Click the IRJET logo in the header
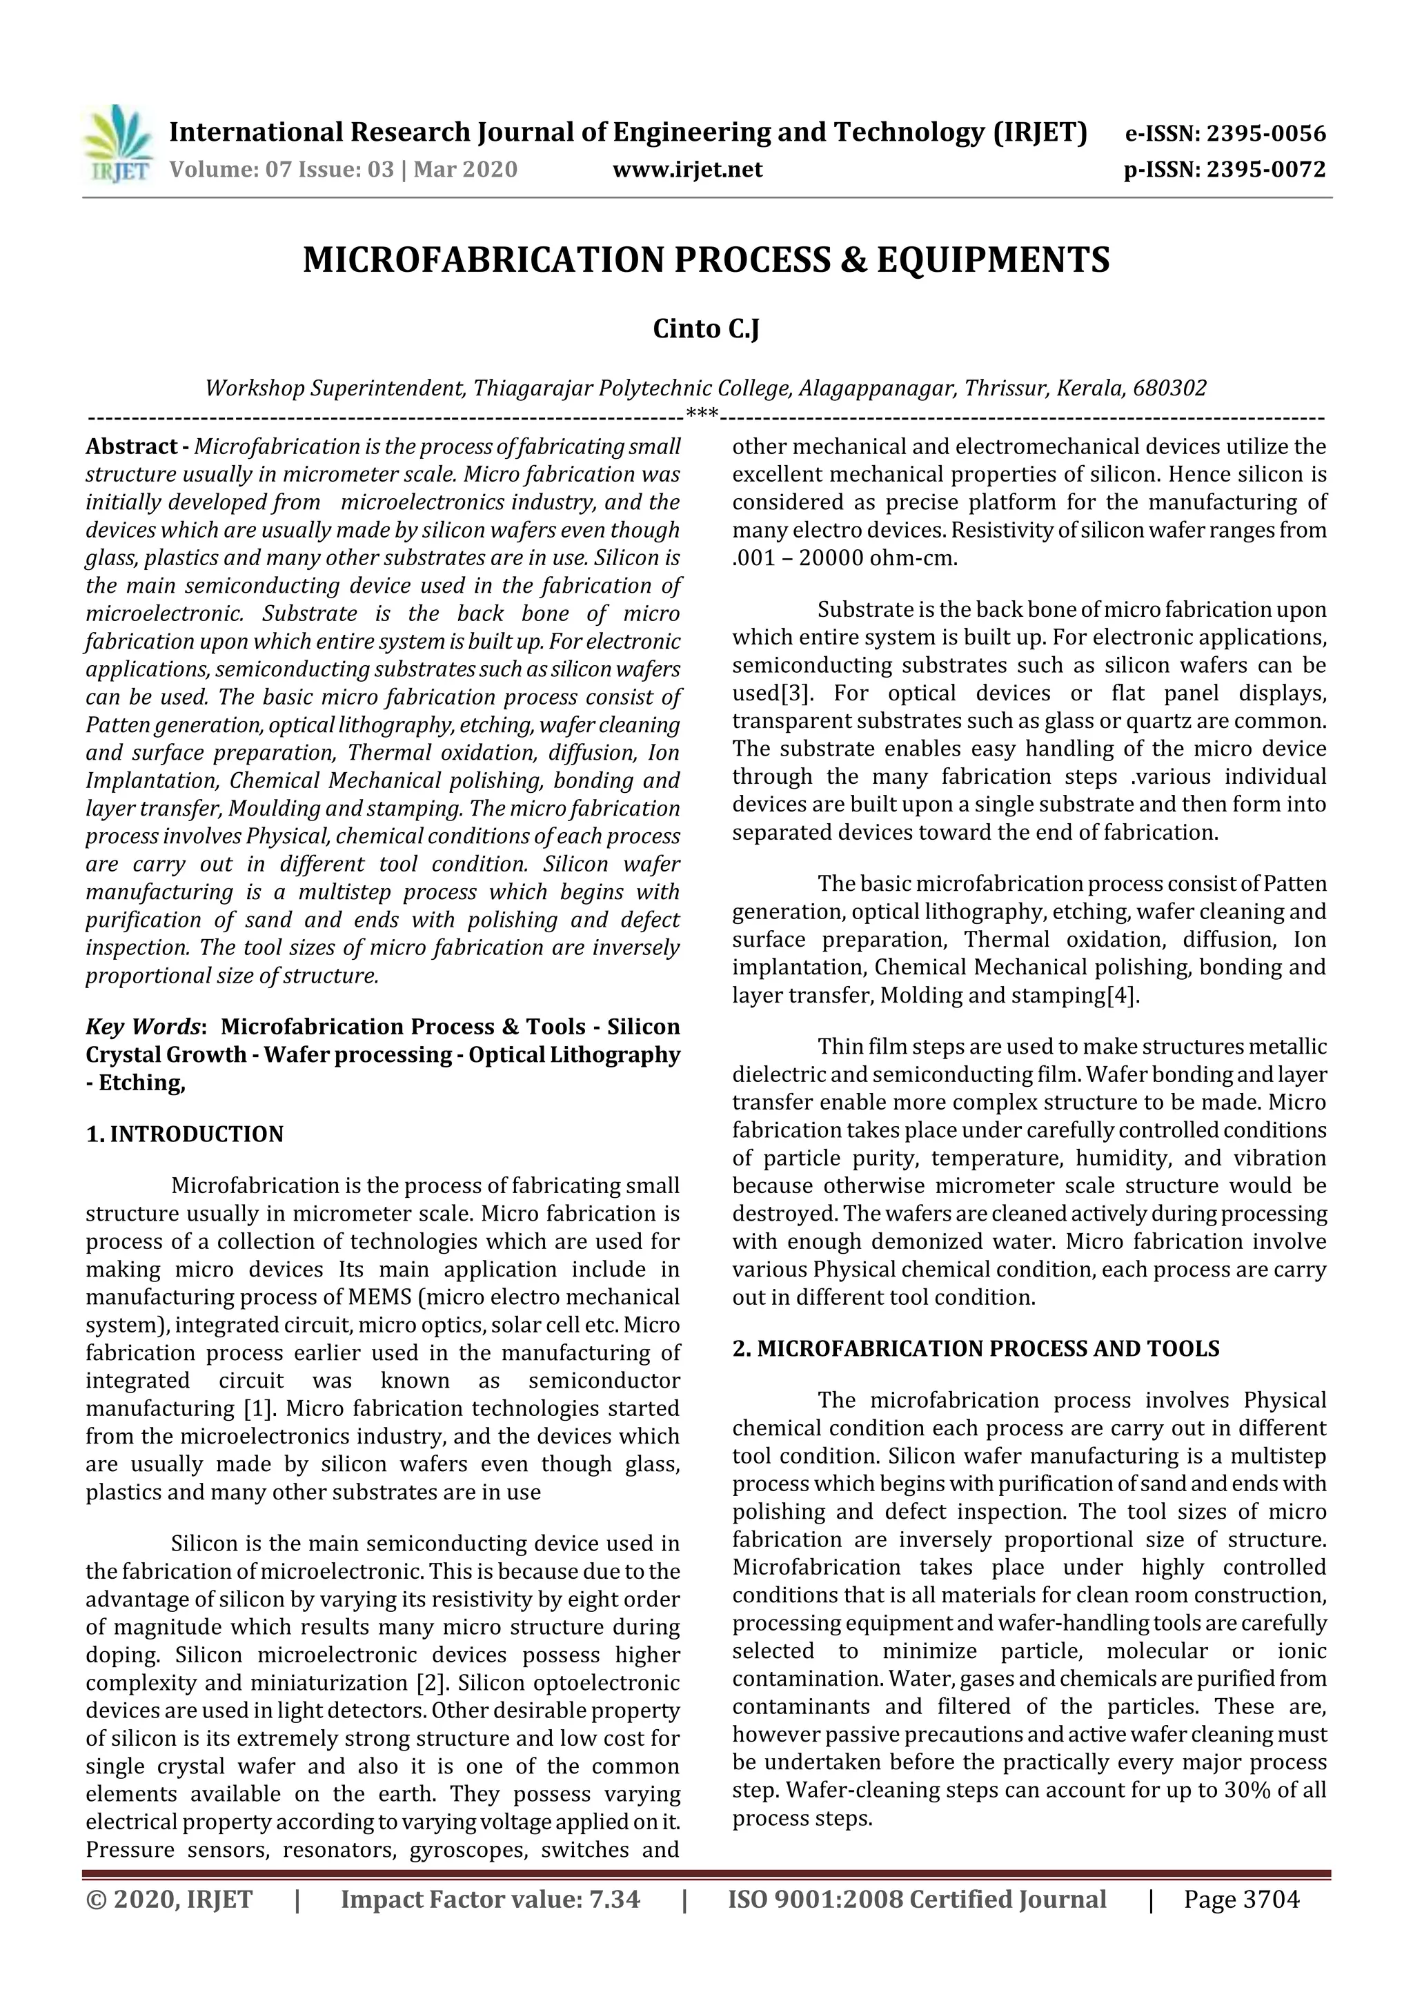pos(117,144)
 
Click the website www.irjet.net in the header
pos(687,169)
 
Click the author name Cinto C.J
pos(706,329)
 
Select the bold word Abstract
pos(130,446)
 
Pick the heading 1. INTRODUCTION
pos(185,1134)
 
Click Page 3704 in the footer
pos(1241,1899)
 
